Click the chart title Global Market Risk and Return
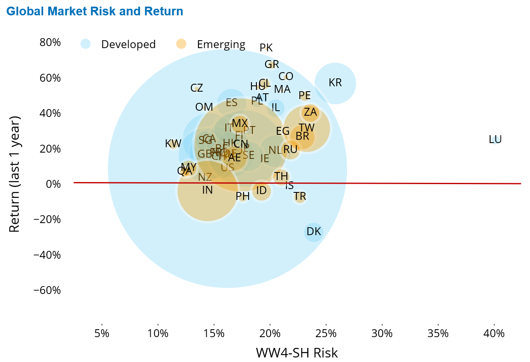point(95,11)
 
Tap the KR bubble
point(335,83)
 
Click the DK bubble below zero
point(314,232)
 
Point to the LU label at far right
point(495,140)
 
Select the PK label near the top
point(266,48)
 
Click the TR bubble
point(300,197)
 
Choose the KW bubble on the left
point(173,144)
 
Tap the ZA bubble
point(310,112)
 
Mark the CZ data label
point(197,88)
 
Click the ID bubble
point(261,191)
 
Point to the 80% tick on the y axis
point(50,43)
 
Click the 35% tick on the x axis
point(438,334)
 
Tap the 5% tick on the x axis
point(102,334)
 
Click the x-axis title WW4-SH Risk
point(297,353)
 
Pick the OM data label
point(204,107)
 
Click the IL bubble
point(276,107)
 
